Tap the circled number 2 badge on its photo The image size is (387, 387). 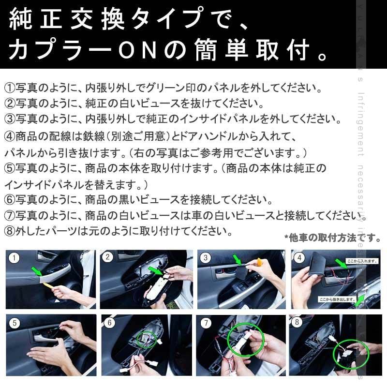pyautogui.click(x=108, y=257)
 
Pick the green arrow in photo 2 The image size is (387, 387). pyautogui.click(x=155, y=269)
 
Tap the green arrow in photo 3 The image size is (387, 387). pyautogui.click(x=238, y=261)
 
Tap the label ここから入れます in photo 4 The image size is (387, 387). pyautogui.click(x=361, y=260)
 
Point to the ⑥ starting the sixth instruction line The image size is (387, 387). pyautogui.click(x=9, y=200)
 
